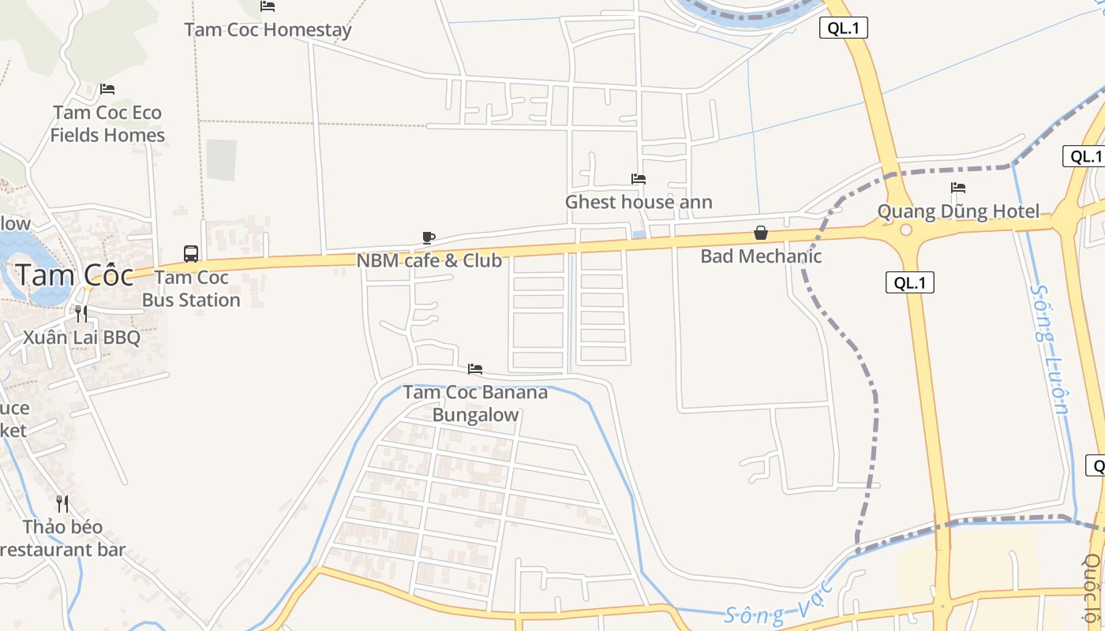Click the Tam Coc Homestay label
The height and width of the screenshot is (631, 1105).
point(268,30)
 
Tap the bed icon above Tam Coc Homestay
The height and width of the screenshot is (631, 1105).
point(268,7)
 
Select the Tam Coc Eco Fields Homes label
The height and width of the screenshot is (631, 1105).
point(107,124)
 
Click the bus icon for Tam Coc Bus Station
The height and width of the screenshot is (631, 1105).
point(191,253)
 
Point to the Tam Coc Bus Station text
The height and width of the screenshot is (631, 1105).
point(191,289)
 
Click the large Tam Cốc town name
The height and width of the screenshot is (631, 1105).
point(74,275)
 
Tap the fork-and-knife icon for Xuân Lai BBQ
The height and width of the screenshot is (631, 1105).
point(81,314)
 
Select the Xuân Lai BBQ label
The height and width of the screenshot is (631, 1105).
point(81,338)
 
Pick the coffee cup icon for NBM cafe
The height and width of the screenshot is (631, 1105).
point(429,237)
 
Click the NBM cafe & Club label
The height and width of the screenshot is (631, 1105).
point(429,260)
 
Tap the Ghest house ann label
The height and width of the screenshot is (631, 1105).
point(639,202)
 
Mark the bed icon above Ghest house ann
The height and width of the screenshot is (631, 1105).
point(639,179)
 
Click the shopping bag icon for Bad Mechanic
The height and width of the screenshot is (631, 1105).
point(761,233)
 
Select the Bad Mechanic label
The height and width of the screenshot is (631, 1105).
point(761,256)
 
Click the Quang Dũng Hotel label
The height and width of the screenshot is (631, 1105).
point(958,211)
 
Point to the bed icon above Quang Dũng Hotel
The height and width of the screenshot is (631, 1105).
point(958,188)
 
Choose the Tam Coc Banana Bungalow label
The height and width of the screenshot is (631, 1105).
point(475,403)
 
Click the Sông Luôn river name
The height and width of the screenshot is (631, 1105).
point(1050,349)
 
